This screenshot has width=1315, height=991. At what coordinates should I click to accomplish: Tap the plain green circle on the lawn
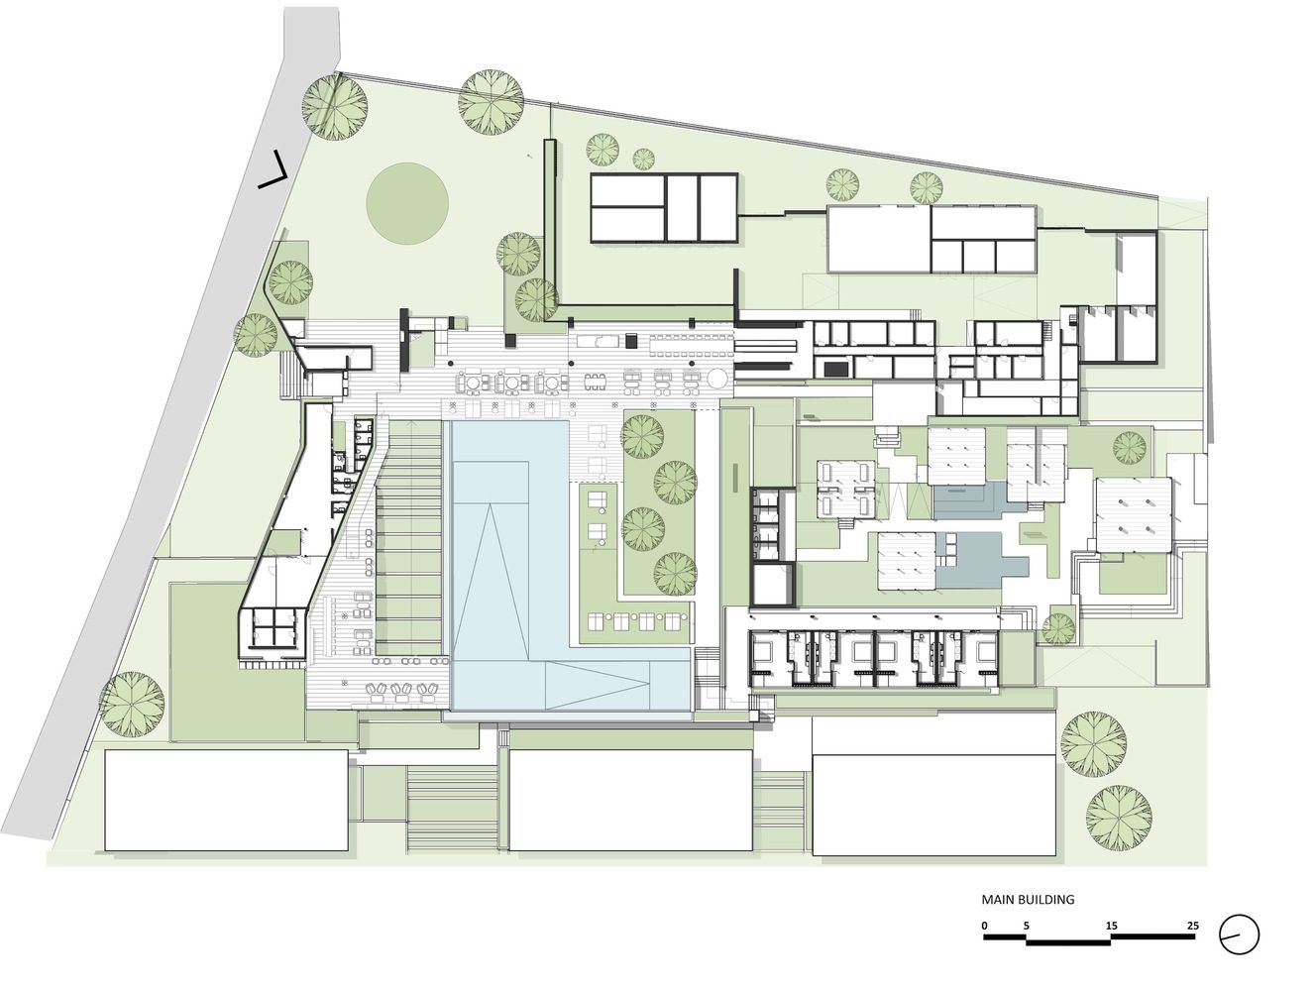click(x=407, y=204)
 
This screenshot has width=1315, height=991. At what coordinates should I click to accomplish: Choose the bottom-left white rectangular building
click(x=227, y=801)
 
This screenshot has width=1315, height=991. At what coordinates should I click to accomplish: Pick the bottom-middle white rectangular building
click(x=630, y=801)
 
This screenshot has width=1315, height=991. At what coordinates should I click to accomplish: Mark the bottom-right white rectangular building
click(x=933, y=805)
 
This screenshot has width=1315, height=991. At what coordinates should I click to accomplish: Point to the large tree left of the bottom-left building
click(x=132, y=704)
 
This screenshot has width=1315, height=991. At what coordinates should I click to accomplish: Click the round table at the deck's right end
click(x=716, y=379)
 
